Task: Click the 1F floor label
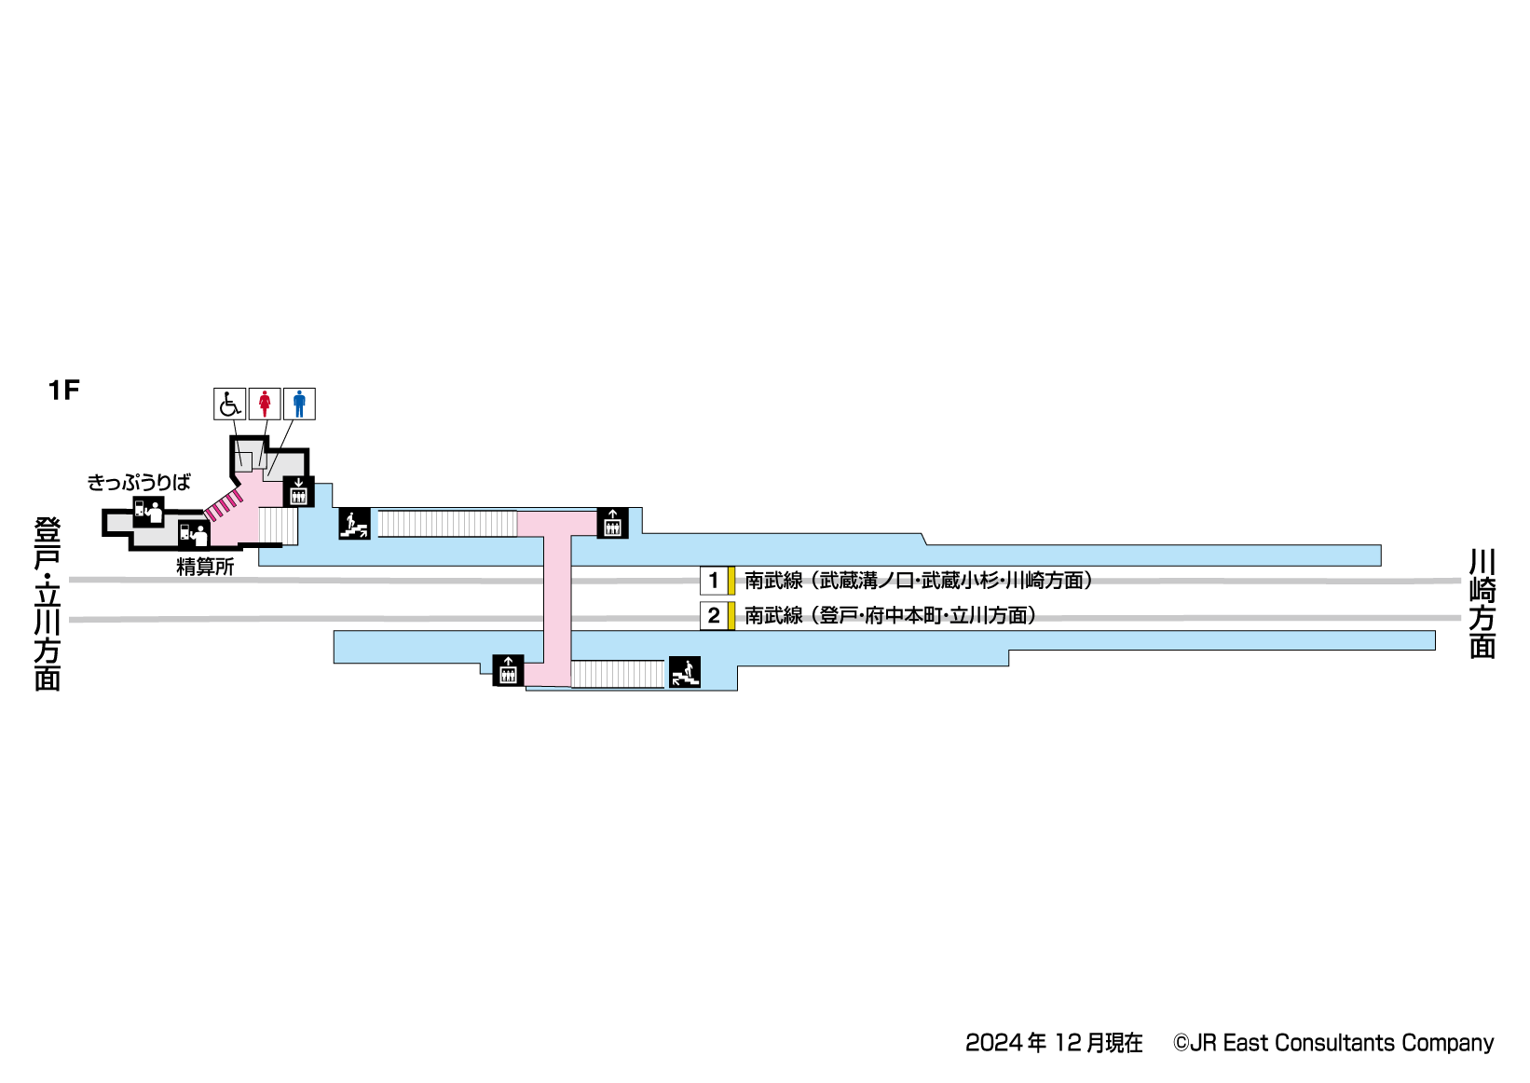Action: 64,390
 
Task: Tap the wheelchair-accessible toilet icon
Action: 229,404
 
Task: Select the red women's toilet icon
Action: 265,404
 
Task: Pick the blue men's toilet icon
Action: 299,404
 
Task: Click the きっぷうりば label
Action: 139,482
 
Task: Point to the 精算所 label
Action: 205,567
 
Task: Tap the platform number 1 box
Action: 714,581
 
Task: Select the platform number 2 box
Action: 714,616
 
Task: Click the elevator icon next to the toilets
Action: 298,491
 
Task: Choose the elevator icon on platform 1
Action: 612,523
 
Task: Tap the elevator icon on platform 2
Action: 508,670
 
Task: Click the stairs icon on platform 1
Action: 354,524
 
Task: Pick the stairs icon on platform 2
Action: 685,671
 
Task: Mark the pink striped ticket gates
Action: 224,506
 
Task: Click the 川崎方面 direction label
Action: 1482,603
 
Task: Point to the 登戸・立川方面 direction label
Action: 48,604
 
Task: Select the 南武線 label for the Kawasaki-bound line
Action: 773,581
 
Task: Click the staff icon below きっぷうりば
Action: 148,511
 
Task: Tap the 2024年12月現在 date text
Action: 1054,1043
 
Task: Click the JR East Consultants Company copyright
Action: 1333,1043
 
